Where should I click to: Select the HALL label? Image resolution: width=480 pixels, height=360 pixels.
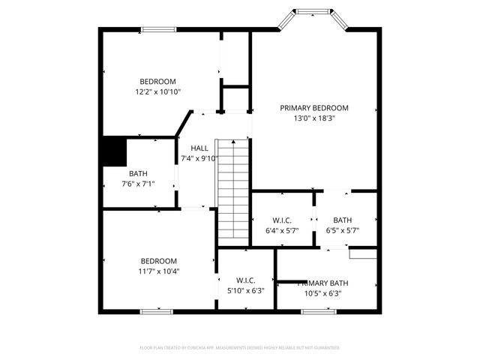pos(199,148)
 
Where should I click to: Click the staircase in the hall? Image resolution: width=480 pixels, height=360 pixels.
pos(232,187)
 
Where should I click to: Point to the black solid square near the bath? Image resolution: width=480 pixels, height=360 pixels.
pos(114,151)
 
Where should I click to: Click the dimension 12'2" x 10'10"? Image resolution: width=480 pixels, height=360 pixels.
pos(157,91)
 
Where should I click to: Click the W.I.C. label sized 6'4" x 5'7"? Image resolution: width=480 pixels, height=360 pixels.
pos(282,220)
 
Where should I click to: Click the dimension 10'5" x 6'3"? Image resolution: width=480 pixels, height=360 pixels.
pos(324,293)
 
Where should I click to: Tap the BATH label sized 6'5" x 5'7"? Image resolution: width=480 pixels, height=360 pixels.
pos(343,220)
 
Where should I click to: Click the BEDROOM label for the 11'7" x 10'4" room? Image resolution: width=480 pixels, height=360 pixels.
pos(158,261)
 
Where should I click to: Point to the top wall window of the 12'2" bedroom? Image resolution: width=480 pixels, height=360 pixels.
pos(159,29)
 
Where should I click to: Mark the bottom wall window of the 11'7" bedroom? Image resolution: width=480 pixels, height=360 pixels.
pos(151,310)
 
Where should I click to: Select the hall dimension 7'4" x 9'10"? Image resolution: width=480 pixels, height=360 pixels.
pos(199,158)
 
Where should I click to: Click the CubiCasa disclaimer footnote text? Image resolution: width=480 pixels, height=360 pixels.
pos(240,348)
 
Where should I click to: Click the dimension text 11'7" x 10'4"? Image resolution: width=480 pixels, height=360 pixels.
pos(158,271)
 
